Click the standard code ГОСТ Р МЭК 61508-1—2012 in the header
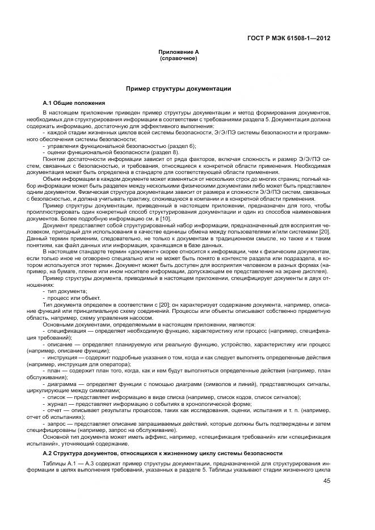pos(289,39)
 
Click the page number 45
pos(326,481)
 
